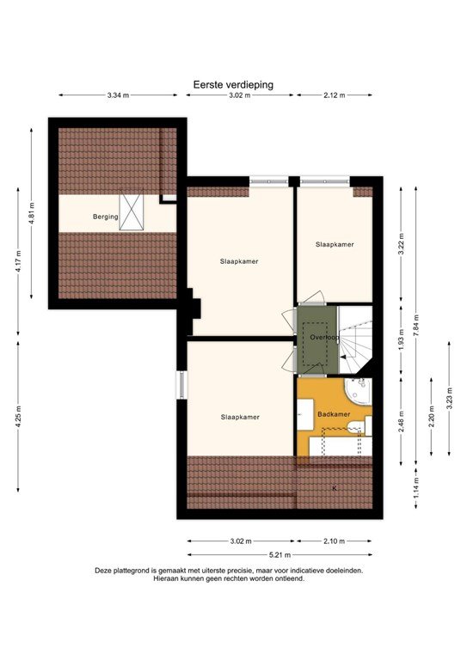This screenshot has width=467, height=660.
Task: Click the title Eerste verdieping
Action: pos(233,85)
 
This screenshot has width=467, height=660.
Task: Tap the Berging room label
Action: pos(105,217)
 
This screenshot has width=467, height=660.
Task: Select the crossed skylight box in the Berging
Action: pos(132,212)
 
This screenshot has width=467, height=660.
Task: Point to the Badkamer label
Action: pos(333,414)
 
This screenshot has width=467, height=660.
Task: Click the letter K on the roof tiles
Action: pos(335,488)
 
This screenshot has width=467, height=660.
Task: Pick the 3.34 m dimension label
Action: pos(118,95)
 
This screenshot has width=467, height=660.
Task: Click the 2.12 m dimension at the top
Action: pos(334,95)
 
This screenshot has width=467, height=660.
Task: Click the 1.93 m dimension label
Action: pos(401,339)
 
